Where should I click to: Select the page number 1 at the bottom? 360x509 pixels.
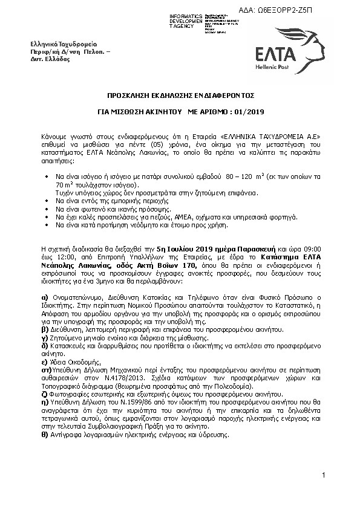point(324,476)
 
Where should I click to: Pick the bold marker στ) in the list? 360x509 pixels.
point(45,368)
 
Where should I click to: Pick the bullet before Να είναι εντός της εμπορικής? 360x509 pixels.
point(47,199)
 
